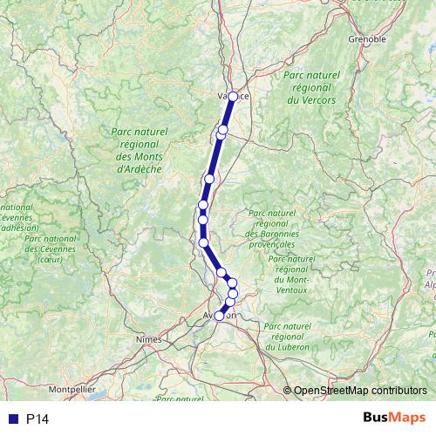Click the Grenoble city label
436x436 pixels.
(x=366, y=39)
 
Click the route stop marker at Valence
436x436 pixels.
(x=233, y=97)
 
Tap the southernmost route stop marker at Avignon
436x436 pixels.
(x=219, y=317)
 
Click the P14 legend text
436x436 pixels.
(x=37, y=419)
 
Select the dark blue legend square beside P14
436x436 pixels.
(x=12, y=419)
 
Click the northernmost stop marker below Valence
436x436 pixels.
(x=223, y=130)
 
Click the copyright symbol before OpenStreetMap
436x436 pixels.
(x=289, y=391)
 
